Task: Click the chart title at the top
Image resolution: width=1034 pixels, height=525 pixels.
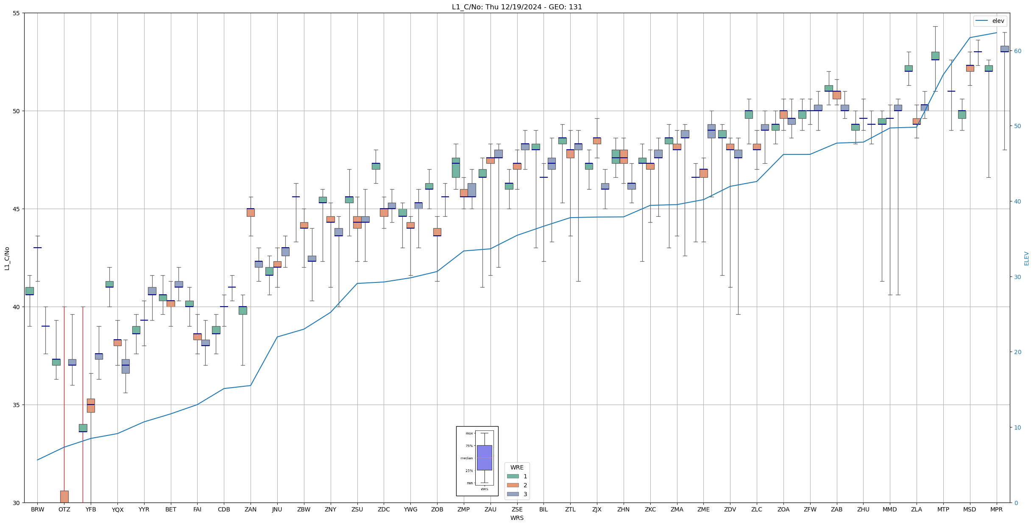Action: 517,7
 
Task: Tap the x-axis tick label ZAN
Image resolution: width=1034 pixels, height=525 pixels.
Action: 251,509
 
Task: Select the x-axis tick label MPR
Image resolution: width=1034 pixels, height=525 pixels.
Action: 996,509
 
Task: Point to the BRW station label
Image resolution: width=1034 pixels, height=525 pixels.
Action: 37,509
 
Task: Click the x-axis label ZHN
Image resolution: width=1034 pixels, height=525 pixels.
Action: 623,509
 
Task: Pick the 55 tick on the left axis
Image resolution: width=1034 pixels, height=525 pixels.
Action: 17,13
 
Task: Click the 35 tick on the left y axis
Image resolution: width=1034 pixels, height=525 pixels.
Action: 17,405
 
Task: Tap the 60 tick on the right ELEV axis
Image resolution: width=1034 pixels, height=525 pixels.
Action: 1017,51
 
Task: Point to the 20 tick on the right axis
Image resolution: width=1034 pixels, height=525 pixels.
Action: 1017,352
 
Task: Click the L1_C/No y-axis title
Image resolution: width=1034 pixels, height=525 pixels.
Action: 7,258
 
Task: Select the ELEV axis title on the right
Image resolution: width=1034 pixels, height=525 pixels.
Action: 1026,258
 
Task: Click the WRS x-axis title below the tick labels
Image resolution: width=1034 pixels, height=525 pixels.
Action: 517,518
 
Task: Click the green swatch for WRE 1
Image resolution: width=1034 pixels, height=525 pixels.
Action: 513,476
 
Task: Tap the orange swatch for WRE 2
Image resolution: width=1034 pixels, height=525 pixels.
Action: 513,485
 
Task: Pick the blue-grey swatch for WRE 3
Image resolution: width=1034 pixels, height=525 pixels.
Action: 513,494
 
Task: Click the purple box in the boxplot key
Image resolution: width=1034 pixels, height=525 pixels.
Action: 484,458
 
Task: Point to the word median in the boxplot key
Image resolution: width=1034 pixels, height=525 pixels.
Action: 466,458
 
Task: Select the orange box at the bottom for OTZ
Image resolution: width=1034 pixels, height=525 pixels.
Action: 64,497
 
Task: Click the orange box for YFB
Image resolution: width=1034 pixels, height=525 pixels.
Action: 91,405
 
